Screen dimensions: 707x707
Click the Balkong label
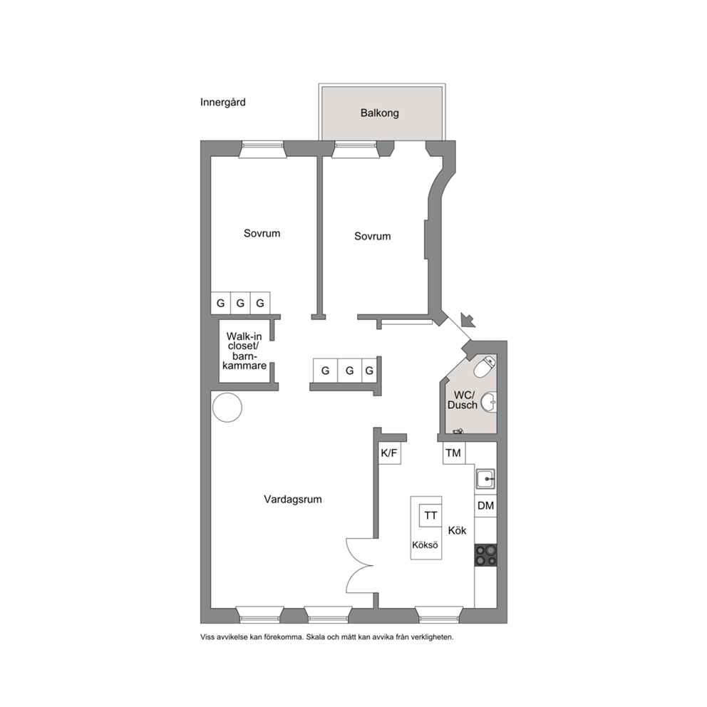tap(379, 113)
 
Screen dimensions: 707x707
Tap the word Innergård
tap(223, 103)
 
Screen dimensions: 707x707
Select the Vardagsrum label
tap(293, 499)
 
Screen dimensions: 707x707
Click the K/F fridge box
tap(390, 453)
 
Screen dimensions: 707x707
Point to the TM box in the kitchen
tap(453, 453)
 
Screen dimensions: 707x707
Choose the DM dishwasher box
tap(485, 506)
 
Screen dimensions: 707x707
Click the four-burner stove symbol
tap(485, 555)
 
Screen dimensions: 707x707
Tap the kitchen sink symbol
tap(485, 478)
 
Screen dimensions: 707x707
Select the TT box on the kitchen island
tap(430, 515)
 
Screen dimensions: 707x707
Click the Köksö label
tap(425, 545)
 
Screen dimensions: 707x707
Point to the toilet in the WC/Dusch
tap(483, 366)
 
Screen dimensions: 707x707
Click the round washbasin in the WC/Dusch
tap(489, 402)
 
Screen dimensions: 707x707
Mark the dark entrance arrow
tap(468, 320)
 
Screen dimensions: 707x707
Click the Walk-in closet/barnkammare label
tap(244, 351)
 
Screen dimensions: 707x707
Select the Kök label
tap(457, 531)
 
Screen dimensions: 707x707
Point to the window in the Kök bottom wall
tap(439, 616)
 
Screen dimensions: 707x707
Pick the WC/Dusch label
tap(462, 400)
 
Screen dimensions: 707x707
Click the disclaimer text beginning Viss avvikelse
tap(327, 637)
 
